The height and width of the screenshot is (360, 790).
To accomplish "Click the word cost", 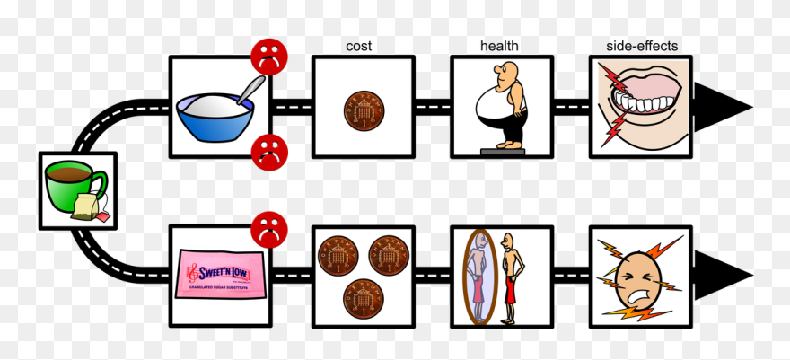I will [358, 46].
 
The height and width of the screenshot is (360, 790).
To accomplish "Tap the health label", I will [498, 46].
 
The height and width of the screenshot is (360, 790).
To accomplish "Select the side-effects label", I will [638, 45].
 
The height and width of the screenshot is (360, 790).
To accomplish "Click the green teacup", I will [73, 182].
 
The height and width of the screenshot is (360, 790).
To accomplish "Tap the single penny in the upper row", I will [362, 112].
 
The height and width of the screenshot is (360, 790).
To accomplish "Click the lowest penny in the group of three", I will [363, 296].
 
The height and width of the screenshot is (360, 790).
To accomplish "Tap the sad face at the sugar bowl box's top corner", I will [266, 56].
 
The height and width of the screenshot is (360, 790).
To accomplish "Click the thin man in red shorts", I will [511, 277].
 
